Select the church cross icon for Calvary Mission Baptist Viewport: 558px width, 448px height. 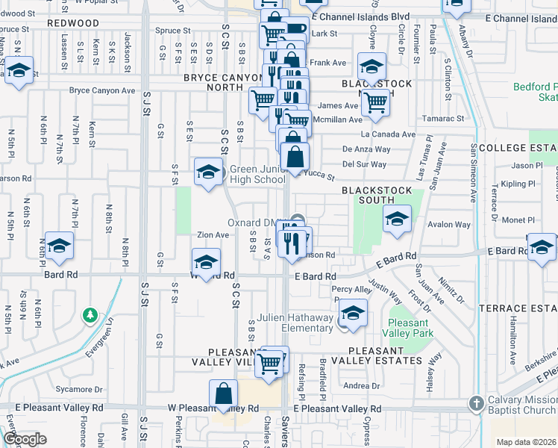click(477, 404)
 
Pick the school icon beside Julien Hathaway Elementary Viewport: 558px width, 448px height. click(354, 311)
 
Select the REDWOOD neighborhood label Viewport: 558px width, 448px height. click(73, 23)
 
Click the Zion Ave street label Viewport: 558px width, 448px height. click(213, 234)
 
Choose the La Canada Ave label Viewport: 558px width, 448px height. click(388, 134)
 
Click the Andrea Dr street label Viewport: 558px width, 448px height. click(362, 386)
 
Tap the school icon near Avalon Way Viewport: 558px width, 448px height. click(396, 219)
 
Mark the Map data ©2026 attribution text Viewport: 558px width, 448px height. click(525, 442)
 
